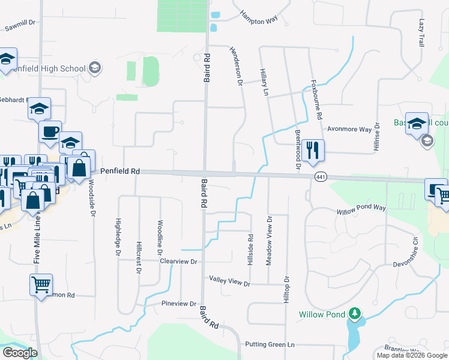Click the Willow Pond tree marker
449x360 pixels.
coord(355,314)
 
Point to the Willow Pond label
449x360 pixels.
coord(322,314)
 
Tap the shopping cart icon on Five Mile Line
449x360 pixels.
coord(41,285)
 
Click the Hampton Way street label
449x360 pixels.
coord(259,18)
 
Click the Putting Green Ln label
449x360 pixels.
coord(270,344)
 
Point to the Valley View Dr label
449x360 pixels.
coord(229,280)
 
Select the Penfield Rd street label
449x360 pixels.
coord(120,171)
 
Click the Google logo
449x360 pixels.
coord(19,353)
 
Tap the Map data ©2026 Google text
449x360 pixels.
coord(411,355)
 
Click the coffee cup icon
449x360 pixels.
coord(50,131)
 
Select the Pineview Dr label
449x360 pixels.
coord(179,304)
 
